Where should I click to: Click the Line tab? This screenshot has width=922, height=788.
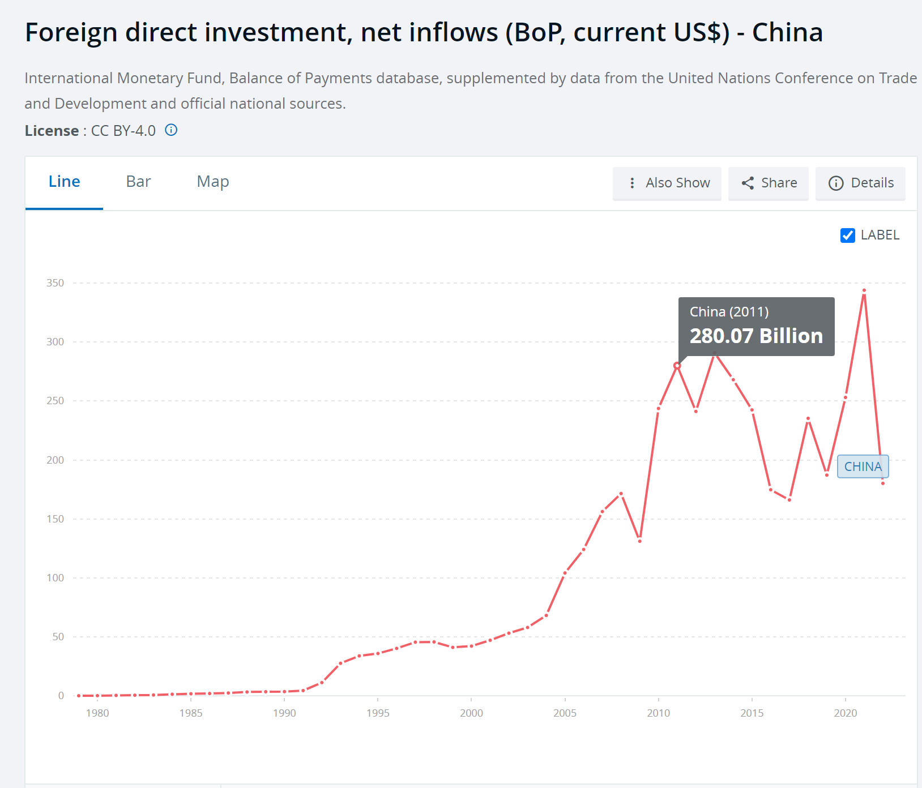pos(64,182)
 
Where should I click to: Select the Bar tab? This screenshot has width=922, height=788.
pos(138,182)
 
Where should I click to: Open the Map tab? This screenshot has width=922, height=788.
pos(213,182)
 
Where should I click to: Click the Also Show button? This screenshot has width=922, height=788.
pos(667,183)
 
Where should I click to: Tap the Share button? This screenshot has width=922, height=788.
pos(769,183)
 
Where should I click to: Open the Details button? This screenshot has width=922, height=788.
pos(861,183)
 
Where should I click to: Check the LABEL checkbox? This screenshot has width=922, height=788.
pos(848,235)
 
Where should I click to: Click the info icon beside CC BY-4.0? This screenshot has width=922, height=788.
pos(171,130)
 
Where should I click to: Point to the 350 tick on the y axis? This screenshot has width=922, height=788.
pos(56,283)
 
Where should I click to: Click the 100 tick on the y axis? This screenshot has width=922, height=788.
pos(56,578)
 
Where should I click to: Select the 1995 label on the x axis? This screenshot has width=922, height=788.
pos(378,713)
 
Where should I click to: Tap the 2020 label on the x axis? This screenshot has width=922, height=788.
pos(845,713)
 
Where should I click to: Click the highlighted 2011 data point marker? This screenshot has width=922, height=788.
pos(677,366)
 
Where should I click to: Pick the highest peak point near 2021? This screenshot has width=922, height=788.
pos(864,290)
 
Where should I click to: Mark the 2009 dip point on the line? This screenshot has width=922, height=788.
pos(640,541)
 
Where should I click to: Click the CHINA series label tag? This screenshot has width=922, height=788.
pos(863,466)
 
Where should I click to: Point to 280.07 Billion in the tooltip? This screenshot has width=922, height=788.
pos(756,336)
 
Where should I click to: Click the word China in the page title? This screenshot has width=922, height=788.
pos(787,32)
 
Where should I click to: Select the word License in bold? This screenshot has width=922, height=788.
pos(52,131)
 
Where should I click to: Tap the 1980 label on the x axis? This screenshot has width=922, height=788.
pos(97,713)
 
